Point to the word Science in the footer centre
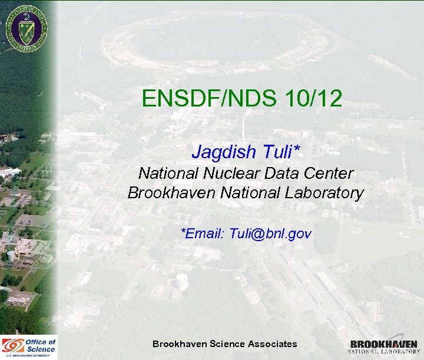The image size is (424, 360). click(x=227, y=344)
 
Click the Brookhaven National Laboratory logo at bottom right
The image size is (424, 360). click(x=385, y=346)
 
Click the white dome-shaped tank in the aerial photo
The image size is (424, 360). click(x=182, y=281)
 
